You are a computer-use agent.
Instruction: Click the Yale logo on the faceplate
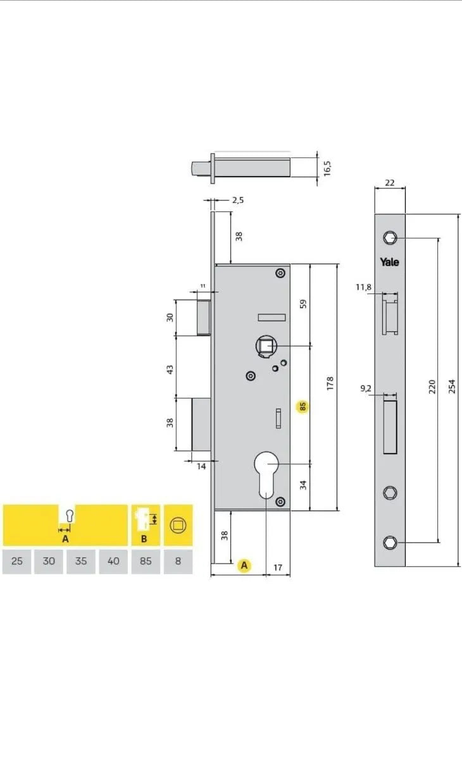pos(389,262)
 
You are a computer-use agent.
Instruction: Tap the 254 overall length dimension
pos(452,386)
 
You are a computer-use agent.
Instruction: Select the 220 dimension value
pos(432,386)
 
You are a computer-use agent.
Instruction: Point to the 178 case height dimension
pos(330,383)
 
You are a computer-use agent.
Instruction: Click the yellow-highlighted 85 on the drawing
pos(303,406)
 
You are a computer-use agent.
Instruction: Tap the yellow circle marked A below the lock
pos(244,565)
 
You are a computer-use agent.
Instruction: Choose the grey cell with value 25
pos(17,561)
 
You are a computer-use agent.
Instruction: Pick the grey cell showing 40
pos(113,561)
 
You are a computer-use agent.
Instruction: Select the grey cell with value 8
pos(178,561)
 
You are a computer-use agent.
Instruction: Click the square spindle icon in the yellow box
pos(178,525)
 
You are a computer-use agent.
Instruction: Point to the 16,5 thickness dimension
pos(327,168)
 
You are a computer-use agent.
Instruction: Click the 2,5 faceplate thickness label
pos(238,201)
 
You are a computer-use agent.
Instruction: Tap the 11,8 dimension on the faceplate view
pos(363,287)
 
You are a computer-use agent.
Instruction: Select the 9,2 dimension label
pos(366,388)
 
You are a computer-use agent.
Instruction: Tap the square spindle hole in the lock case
pos(266,345)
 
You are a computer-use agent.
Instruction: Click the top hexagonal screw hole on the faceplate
pos(390,238)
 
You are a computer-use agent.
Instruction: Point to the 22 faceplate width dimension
pos(390,183)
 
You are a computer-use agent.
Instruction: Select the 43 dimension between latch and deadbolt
pos(170,369)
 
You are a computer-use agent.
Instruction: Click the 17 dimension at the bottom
pos(278,567)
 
